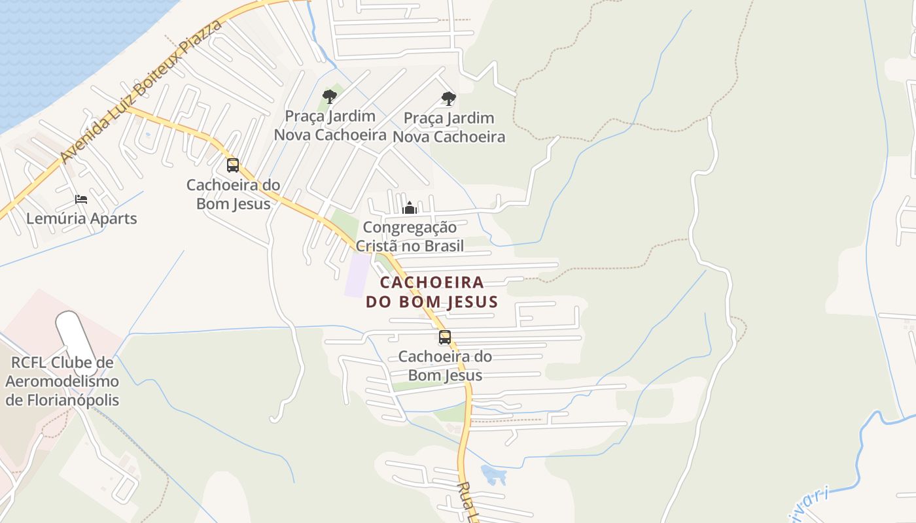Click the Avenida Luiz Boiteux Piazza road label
tap(141, 92)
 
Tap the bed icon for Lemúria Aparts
tap(81, 199)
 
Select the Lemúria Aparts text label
tap(82, 218)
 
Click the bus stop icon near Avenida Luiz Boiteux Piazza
tap(233, 165)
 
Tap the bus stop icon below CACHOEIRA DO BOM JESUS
tap(445, 337)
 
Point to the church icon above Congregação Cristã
tap(410, 208)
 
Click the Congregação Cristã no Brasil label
tap(410, 237)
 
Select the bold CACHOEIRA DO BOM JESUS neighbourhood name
tap(432, 292)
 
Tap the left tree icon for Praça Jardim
tap(330, 97)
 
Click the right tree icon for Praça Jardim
tap(448, 99)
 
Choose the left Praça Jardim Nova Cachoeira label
tap(330, 126)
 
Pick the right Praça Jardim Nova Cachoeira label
tap(449, 127)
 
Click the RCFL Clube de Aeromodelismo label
tap(62, 381)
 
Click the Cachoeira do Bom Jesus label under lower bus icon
tap(445, 366)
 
